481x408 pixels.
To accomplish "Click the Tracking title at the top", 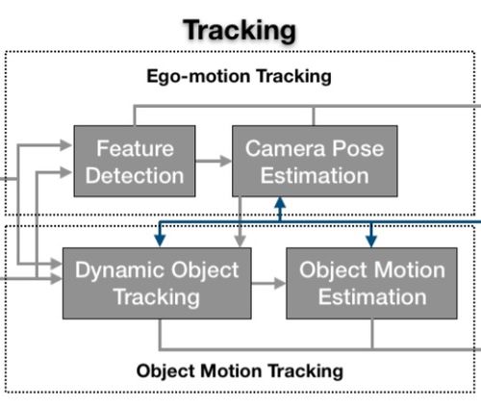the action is tap(240, 31).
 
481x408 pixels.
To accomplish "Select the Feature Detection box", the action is tap(135, 161).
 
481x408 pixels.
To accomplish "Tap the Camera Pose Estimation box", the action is tap(315, 161).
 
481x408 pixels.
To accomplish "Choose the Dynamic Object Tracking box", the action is tap(157, 283).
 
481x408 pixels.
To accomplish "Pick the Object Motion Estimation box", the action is tap(371, 283).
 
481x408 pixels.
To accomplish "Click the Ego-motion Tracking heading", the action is tap(239, 76).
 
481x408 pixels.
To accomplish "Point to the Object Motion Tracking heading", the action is tap(240, 371).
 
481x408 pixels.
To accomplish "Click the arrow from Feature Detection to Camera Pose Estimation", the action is tap(214, 161).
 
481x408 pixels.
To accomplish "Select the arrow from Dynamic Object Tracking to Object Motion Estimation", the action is tap(268, 283).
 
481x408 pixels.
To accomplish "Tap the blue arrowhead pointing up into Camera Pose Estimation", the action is tap(280, 203).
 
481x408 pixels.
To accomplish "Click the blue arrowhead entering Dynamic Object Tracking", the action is tap(160, 241).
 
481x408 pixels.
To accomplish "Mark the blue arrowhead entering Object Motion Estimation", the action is tap(371, 241).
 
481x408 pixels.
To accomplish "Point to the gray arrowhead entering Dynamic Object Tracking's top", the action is tap(240, 241).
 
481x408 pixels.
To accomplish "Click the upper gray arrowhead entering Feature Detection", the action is tap(66, 145).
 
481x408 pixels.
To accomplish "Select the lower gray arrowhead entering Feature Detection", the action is tap(66, 172).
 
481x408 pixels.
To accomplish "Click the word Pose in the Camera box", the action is tap(358, 148).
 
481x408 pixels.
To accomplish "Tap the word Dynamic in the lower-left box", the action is tap(120, 269).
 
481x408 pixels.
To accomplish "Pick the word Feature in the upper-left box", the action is tap(135, 148).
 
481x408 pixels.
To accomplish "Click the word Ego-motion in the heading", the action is tap(198, 77).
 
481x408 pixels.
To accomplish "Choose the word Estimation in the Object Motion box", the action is tap(372, 296).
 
